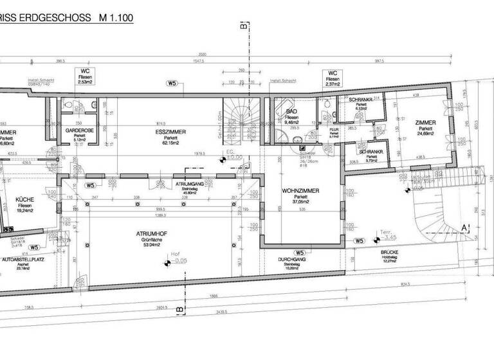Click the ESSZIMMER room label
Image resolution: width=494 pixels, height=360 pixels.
point(170,131)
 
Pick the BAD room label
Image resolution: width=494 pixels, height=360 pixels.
point(291,111)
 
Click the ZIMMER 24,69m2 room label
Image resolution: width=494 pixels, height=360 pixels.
point(425,122)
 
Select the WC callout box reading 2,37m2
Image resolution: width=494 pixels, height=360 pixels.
point(333,78)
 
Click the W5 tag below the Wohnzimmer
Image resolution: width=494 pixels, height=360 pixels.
point(299,253)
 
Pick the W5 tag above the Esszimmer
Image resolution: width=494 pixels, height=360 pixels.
point(171,84)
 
